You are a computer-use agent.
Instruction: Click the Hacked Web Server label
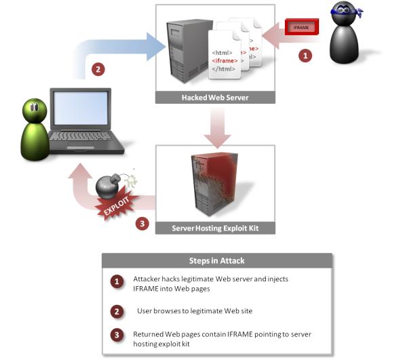(215, 98)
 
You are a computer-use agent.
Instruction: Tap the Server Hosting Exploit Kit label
(216, 228)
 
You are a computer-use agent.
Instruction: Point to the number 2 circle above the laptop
(98, 68)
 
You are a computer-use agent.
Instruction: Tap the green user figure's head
(35, 111)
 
